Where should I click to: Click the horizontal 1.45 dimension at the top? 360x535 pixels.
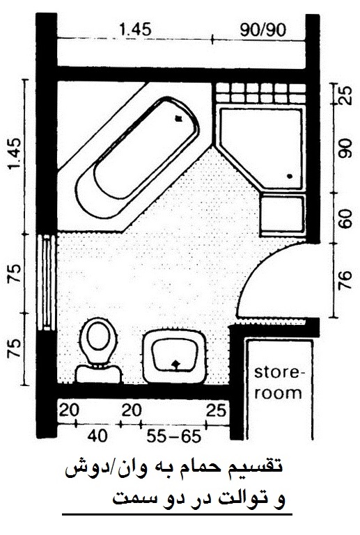pos(135,30)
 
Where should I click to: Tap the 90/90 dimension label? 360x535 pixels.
pos(263,30)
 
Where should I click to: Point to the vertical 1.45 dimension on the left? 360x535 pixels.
pos(15,154)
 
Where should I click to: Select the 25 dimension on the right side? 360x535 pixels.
pos(345,95)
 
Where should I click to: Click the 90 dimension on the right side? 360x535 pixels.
pos(345,148)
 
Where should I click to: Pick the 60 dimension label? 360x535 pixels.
pos(345,218)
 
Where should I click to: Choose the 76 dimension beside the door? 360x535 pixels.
pos(345,280)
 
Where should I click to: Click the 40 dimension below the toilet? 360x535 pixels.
pos(97,436)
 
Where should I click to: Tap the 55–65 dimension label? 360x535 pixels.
pos(173,436)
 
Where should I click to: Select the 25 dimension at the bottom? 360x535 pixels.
pos(216,410)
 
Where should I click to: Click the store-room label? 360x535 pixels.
pos(279,383)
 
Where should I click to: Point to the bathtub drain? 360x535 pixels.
pos(178,118)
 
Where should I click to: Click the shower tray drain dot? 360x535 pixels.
pos(290,176)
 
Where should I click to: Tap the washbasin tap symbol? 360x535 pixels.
pos(175,365)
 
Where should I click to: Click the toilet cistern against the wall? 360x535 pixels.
pos(98,374)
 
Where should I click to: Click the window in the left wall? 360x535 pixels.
pos(46,282)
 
